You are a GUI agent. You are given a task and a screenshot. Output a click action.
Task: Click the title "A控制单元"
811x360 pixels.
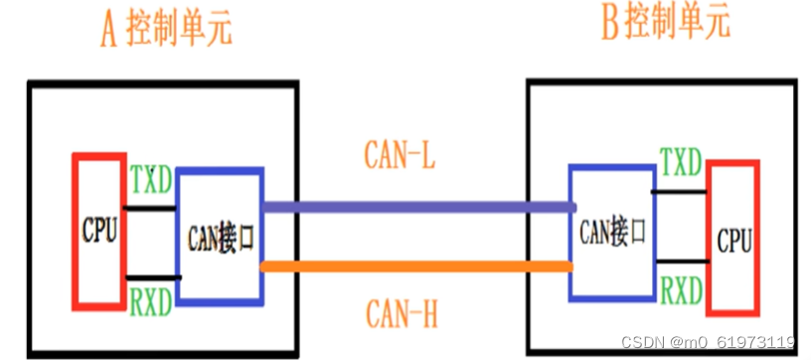tap(166, 29)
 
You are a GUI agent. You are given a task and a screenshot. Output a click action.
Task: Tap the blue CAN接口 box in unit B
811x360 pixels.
tap(611, 233)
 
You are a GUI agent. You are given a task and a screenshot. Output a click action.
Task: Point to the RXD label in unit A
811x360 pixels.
tap(151, 298)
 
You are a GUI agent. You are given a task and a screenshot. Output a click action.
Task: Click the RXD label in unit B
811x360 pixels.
tap(682, 290)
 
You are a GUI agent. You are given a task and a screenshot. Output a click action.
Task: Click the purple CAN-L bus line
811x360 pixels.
tap(417, 207)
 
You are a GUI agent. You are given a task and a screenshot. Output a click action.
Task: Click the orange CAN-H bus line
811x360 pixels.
tap(417, 266)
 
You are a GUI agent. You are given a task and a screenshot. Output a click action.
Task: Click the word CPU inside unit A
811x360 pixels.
tap(99, 232)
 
